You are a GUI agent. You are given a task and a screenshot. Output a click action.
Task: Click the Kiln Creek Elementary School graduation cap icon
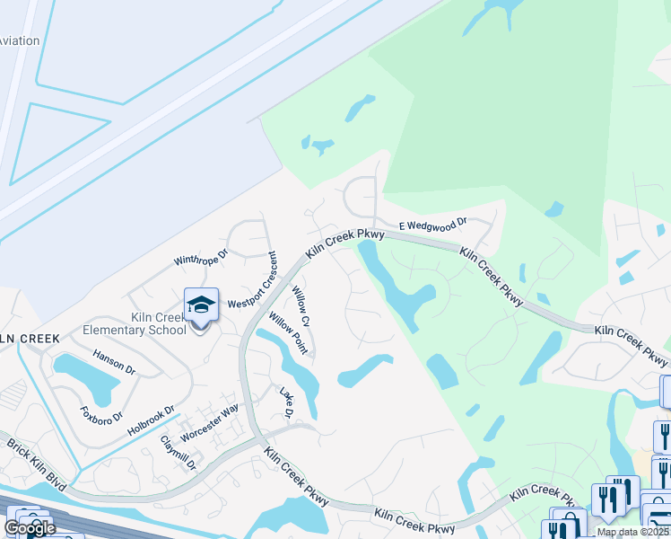[201, 305]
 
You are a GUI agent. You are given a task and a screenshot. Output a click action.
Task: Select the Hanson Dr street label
[114, 362]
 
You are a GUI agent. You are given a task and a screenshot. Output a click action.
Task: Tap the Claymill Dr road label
[178, 454]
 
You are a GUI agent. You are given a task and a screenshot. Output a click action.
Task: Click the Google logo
[30, 528]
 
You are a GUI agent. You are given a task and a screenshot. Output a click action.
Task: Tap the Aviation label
[20, 40]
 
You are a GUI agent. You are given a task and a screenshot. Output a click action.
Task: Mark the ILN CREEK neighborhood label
[30, 339]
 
